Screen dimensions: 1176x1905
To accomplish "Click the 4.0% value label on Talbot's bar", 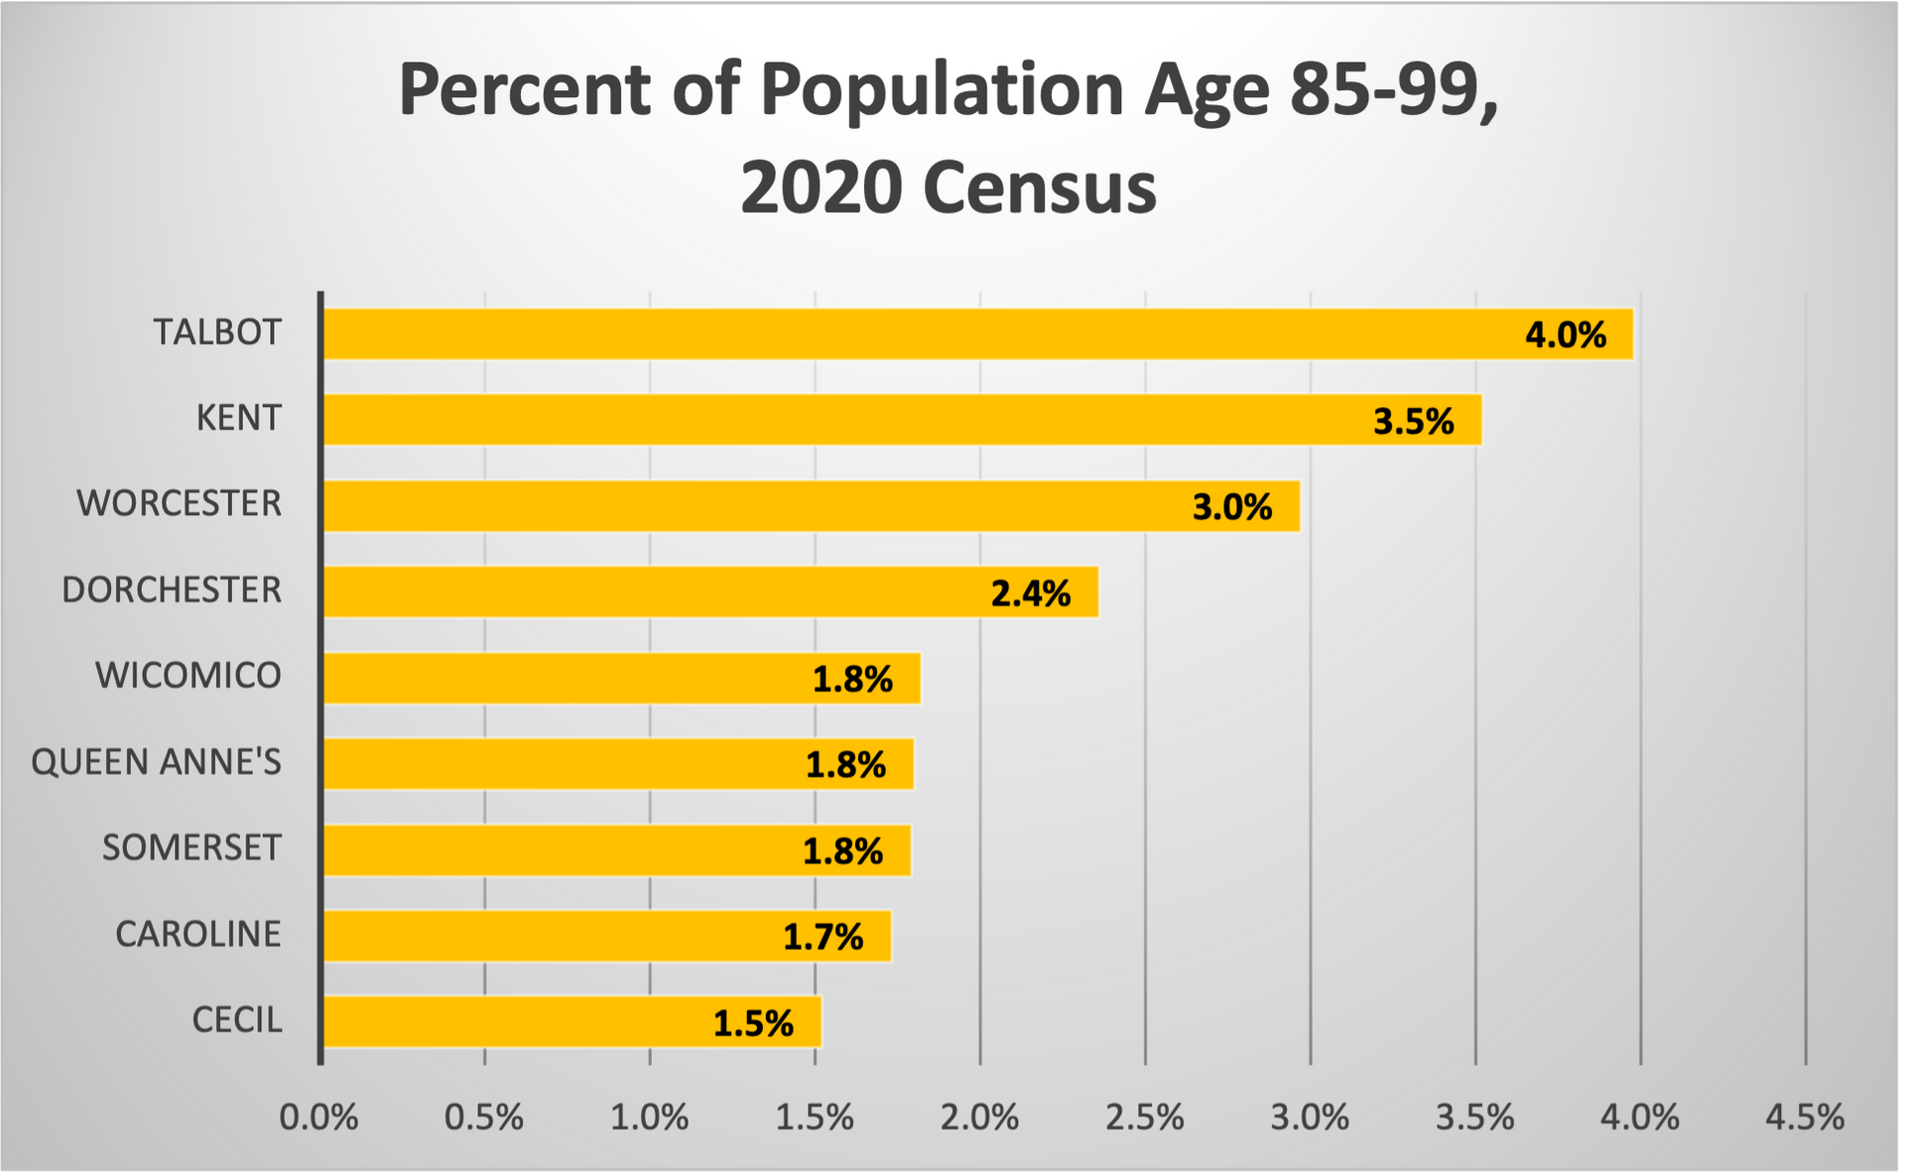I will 1565,335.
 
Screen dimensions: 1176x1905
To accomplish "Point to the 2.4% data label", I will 1030,593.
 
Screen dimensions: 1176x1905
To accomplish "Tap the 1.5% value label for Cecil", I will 753,1023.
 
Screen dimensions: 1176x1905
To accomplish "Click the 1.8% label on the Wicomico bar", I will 852,680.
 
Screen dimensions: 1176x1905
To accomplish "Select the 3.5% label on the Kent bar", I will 1413,422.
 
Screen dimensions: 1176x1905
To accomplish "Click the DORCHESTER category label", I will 172,589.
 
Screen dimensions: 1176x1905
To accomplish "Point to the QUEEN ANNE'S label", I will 156,762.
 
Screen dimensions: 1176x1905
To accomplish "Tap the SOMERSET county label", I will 191,848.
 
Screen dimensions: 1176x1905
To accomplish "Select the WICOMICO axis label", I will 189,676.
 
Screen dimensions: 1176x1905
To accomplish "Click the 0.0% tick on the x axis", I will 318,1117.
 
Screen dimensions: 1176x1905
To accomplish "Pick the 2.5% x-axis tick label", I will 1144,1117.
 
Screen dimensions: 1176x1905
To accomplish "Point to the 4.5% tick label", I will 1804,1117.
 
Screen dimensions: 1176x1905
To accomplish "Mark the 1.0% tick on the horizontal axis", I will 649,1117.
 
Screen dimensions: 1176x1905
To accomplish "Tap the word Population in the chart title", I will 942,89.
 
